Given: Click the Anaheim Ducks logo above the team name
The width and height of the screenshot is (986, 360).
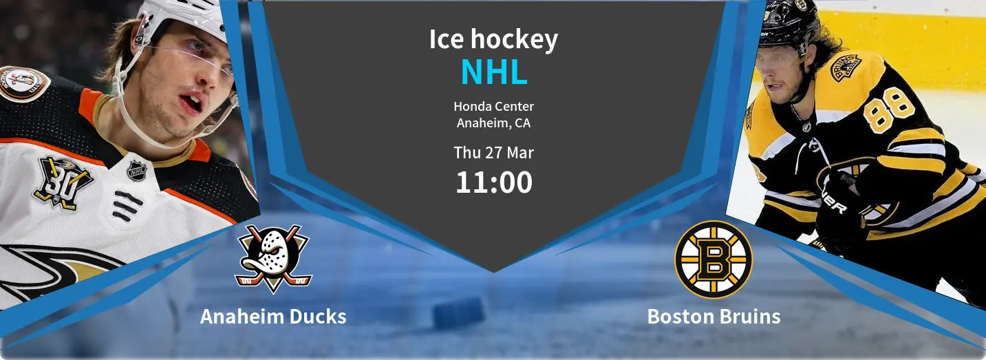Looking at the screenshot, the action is tap(273, 259).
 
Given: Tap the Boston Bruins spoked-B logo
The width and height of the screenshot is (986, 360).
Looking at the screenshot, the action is tap(714, 260).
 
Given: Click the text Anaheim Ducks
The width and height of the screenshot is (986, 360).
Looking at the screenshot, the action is tap(273, 317).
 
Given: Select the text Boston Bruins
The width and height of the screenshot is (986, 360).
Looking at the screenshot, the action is tap(714, 317).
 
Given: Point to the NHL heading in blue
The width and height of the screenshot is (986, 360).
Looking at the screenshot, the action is tap(494, 72).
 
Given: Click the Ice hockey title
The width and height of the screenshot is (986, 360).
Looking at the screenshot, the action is tap(493, 40).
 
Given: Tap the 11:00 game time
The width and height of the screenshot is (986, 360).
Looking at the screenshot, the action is tap(494, 182).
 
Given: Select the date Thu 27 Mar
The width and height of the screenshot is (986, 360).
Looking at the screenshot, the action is tap(494, 153).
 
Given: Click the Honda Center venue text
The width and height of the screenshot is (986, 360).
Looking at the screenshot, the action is tap(494, 106).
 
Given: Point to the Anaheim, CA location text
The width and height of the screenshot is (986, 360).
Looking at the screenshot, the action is tap(494, 123).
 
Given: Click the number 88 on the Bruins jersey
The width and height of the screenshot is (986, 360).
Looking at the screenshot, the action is tap(887, 110).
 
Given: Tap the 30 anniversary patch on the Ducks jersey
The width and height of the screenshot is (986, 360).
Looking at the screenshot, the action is tap(62, 182).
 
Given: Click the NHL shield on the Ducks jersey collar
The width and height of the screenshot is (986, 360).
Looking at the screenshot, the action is tap(137, 170).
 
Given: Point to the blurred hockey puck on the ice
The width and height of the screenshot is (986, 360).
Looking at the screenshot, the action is tap(459, 313).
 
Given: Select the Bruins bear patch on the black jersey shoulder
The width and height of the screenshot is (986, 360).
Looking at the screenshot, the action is tap(846, 68).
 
